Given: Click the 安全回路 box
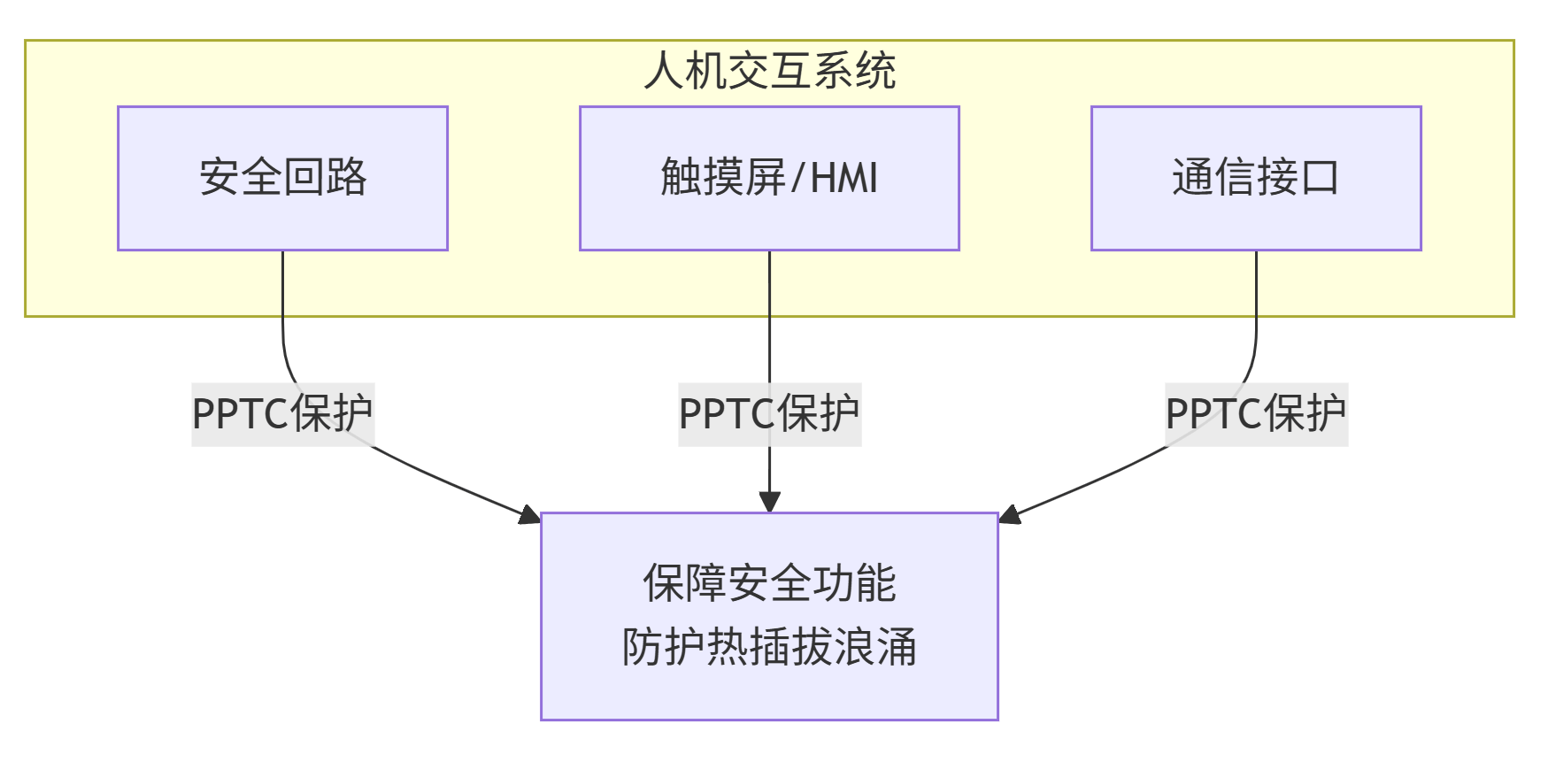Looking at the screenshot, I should pos(282,178).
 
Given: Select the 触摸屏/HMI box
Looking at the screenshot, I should pos(769,178).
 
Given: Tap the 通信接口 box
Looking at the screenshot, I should pos(1255,178).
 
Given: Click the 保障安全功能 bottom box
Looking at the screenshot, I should pos(769,616).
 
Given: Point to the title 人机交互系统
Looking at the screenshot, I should pos(769,71).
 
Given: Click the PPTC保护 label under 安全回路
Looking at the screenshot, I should pos(282,414).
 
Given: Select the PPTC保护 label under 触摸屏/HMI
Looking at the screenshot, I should pos(769,414).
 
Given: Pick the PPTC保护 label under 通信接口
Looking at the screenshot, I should pos(1255,414).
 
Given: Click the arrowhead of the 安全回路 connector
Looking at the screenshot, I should pos(531,515).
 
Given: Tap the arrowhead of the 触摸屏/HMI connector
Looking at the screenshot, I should pos(769,502).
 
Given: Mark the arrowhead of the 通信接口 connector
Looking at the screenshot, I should pos(1009,515).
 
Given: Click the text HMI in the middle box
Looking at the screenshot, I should pos(844,178).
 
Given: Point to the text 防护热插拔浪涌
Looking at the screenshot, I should pos(769,647).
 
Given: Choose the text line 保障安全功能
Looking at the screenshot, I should pos(769,583).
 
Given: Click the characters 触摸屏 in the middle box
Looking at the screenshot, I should pos(722,178).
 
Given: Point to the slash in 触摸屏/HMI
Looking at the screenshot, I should pos(797,178).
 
